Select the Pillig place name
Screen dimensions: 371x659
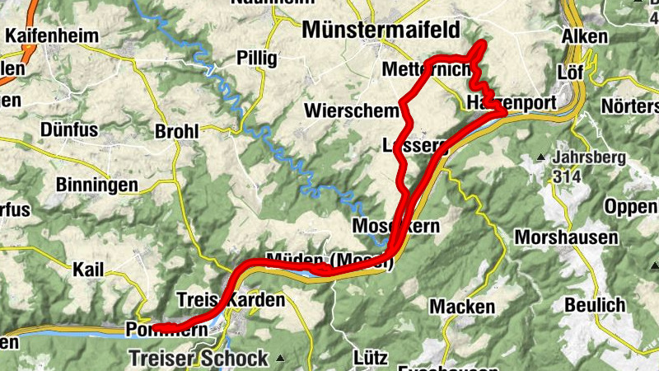tap(258, 58)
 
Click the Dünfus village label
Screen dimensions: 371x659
tap(68, 129)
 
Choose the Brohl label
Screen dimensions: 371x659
tap(177, 131)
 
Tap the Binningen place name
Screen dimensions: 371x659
tap(97, 185)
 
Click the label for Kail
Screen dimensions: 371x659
tap(89, 270)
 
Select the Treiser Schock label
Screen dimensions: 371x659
tap(199, 358)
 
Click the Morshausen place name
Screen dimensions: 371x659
tap(566, 237)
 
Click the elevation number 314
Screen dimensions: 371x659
tap(568, 176)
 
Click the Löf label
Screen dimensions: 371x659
tap(570, 70)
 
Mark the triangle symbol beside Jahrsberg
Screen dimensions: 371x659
tap(540, 157)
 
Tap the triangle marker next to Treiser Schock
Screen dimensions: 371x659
tap(280, 358)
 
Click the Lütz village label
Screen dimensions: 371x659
tap(370, 358)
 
